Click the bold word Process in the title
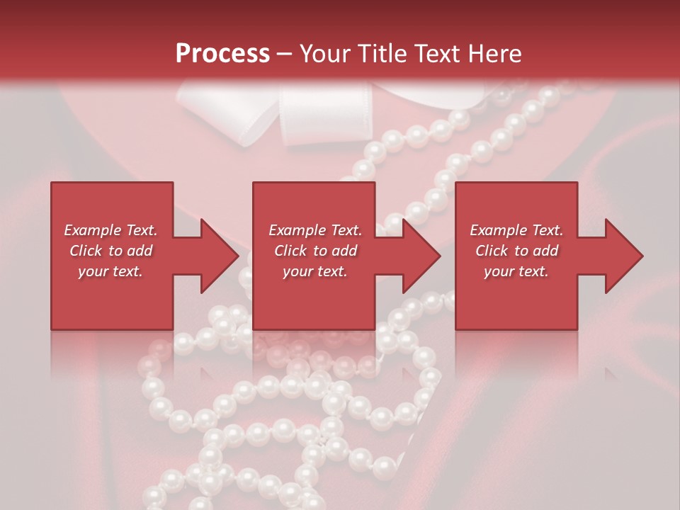[x=222, y=54]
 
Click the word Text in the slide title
[x=437, y=54]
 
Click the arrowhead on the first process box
[x=219, y=256]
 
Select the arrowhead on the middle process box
[x=421, y=256]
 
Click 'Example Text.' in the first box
[x=111, y=230]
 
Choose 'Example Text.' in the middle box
[x=315, y=230]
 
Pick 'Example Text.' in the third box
[x=516, y=230]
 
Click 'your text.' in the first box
[x=111, y=271]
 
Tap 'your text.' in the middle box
[x=315, y=271]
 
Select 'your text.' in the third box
[x=516, y=271]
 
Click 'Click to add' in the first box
[x=111, y=251]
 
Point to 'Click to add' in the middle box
[x=315, y=251]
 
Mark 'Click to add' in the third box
[x=516, y=251]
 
